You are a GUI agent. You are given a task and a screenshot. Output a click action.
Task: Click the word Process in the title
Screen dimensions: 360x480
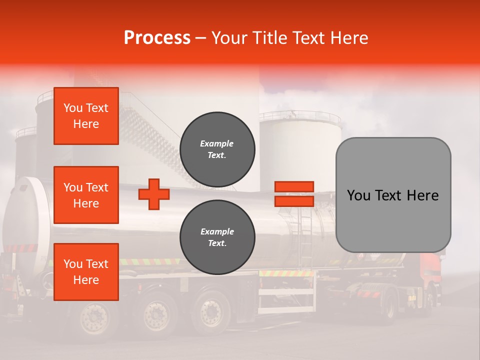coord(157,37)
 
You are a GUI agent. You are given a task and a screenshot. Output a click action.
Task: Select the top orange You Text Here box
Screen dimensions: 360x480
coord(86,116)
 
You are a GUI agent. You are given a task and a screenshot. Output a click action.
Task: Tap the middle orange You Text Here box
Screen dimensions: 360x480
coord(86,195)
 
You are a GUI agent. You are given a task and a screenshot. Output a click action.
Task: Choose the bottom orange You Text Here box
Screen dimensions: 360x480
coord(86,272)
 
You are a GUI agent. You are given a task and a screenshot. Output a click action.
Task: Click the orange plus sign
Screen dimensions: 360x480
coord(154,194)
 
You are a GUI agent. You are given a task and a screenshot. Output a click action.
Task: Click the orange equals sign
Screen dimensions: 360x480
coord(294,194)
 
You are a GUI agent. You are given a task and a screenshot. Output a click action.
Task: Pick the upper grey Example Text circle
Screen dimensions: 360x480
coord(217,149)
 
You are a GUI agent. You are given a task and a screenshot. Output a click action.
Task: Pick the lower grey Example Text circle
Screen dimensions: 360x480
coord(217,237)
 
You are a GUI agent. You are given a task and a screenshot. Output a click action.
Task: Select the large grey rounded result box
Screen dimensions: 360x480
coord(393,195)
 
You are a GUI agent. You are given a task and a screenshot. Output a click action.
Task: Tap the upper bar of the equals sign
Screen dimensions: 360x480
coord(294,187)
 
